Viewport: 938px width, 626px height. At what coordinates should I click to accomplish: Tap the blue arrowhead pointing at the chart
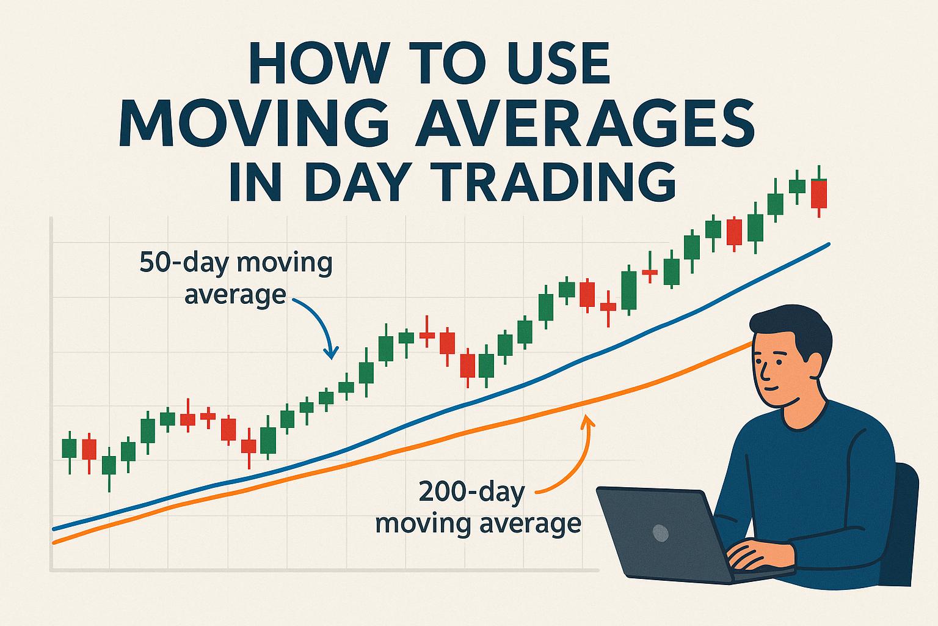332,354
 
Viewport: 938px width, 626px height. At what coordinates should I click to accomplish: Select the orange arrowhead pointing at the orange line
588,419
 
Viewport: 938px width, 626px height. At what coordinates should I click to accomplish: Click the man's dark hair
794,327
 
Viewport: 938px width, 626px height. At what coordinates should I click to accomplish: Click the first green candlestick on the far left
70,449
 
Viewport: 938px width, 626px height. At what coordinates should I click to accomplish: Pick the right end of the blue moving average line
827,245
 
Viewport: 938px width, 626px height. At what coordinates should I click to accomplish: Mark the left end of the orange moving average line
56,542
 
